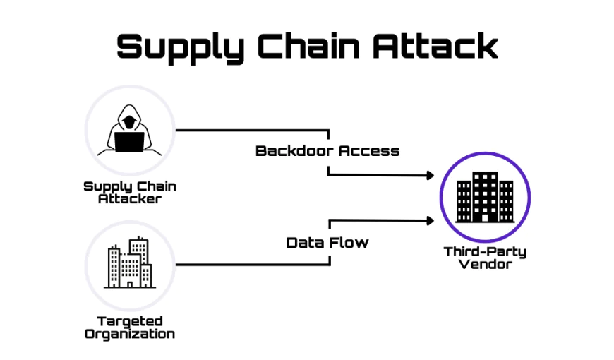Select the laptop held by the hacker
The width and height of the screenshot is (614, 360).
[x=129, y=142]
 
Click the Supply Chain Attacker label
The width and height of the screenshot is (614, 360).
[x=130, y=192]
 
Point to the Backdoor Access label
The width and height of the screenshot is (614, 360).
[x=327, y=150]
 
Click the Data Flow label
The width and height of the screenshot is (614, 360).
[x=327, y=242]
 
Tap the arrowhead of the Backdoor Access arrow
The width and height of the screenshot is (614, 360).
[x=428, y=175]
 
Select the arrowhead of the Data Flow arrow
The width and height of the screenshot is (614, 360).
[x=428, y=220]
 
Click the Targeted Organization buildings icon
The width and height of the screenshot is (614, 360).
[x=128, y=263]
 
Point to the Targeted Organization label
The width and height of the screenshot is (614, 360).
[x=130, y=328]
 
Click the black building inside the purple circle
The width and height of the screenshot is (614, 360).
[x=485, y=196]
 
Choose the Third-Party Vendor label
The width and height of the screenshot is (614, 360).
[x=485, y=258]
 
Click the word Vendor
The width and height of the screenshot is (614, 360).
[x=485, y=265]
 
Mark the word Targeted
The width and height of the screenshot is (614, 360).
[x=130, y=321]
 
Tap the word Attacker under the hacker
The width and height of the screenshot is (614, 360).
[x=130, y=199]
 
